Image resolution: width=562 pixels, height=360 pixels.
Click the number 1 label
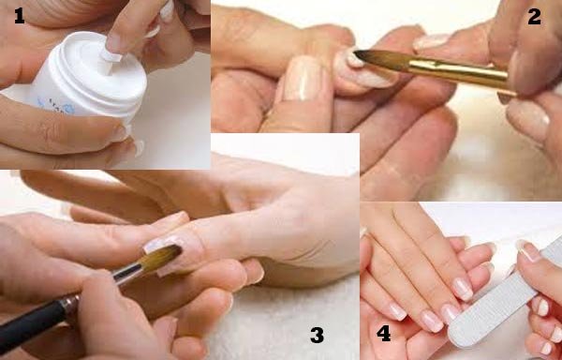pos(20,16)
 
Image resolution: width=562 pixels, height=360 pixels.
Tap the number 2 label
pos(534,17)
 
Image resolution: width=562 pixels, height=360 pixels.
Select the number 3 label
pos(318,335)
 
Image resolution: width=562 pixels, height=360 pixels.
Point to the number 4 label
pos(383,334)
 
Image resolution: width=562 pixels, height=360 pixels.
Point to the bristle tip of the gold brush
pos(357,52)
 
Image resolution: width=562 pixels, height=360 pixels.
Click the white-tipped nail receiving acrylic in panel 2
pos(362,71)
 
